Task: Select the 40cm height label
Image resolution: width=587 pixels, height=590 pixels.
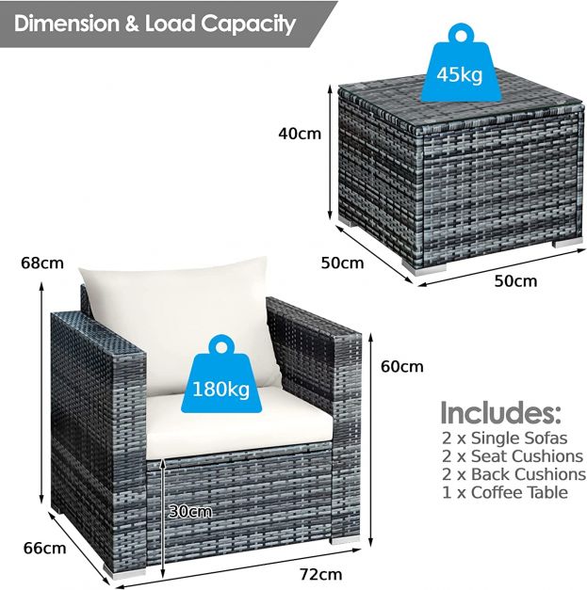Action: (x=300, y=133)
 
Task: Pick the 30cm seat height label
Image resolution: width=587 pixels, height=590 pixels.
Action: (x=189, y=511)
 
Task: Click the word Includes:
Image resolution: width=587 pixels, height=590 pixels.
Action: (x=500, y=412)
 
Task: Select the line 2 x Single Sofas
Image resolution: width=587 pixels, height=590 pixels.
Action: (x=505, y=439)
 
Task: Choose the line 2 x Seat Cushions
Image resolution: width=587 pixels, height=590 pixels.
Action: (x=513, y=456)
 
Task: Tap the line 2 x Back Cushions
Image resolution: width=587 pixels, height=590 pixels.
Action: (x=514, y=474)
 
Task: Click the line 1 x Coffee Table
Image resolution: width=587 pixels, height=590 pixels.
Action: (x=504, y=492)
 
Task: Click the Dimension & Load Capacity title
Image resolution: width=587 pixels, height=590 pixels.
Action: (x=155, y=23)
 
